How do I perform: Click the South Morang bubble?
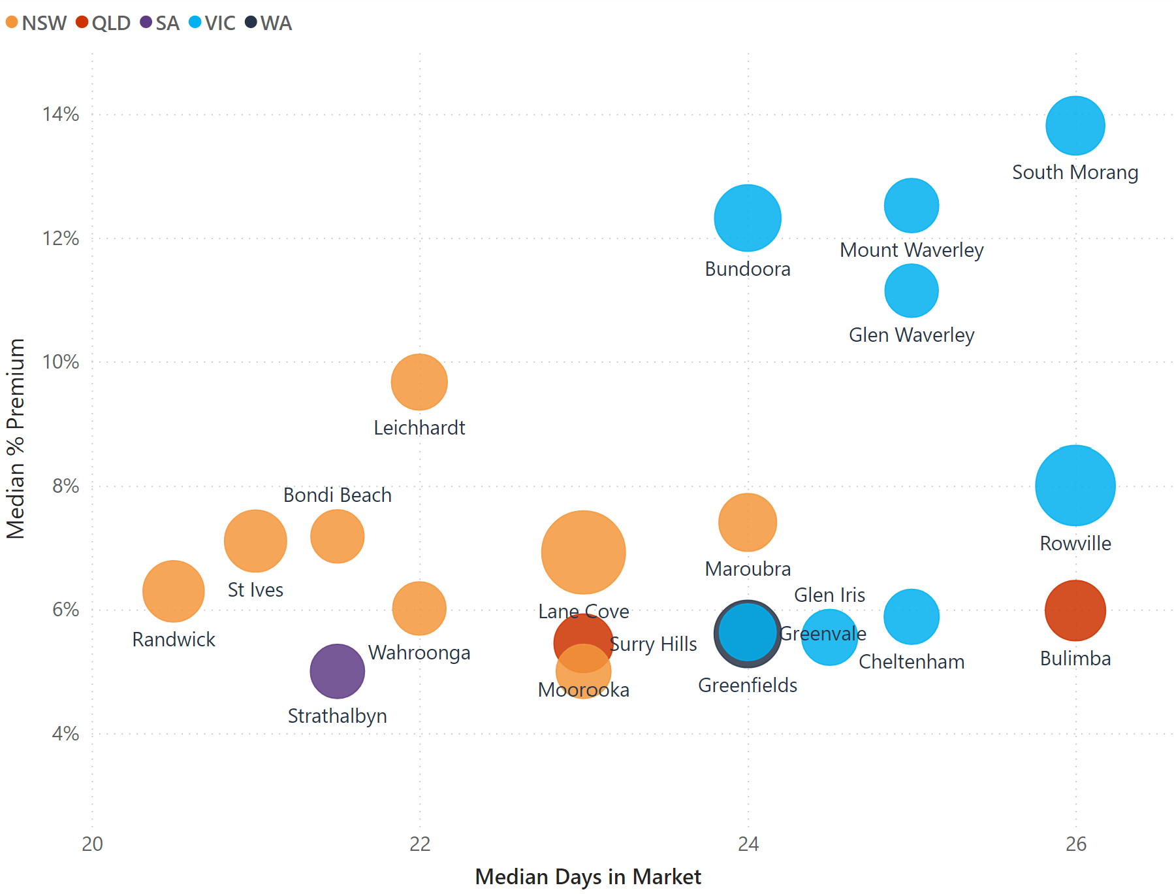(x=1075, y=125)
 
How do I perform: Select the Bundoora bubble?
(x=747, y=218)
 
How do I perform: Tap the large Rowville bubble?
(x=1075, y=486)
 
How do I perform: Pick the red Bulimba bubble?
(x=1075, y=610)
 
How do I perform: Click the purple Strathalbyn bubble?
(x=337, y=670)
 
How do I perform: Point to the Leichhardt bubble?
(x=419, y=382)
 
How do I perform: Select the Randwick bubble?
(x=173, y=591)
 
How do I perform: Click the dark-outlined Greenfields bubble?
(x=747, y=633)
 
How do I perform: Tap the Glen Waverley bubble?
(x=911, y=290)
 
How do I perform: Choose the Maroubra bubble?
(x=747, y=522)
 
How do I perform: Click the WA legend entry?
(x=268, y=23)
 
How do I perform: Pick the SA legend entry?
(x=160, y=23)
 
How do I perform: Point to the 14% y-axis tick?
(x=61, y=114)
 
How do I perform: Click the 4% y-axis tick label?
(x=65, y=733)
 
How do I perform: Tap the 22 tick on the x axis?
(x=420, y=844)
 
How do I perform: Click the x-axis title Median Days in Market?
(x=588, y=876)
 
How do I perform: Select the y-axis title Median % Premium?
(x=15, y=439)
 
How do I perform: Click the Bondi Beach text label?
(x=337, y=495)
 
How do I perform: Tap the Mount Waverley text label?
(x=911, y=250)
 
